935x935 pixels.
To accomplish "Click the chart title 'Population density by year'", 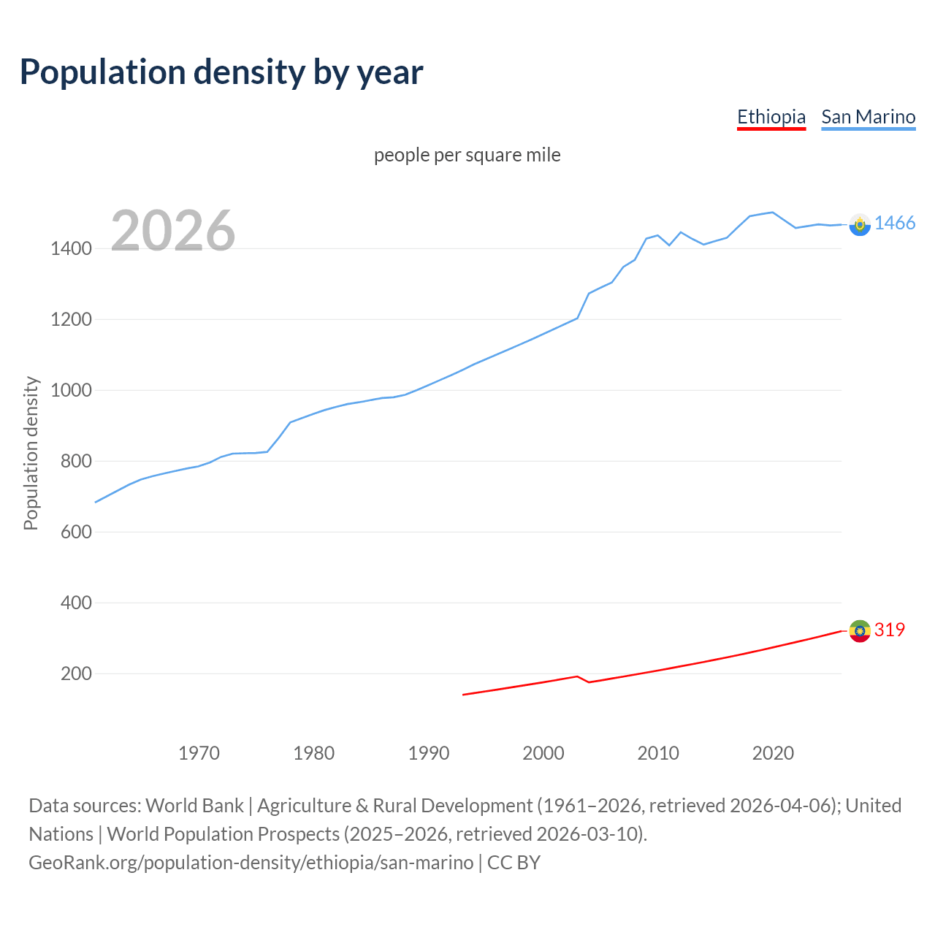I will click(x=221, y=72).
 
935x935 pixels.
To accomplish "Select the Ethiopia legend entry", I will click(x=771, y=117).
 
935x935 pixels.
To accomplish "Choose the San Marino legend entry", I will click(x=868, y=117).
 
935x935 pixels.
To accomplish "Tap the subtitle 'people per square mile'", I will click(x=467, y=156).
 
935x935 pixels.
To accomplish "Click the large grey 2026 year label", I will click(x=173, y=231).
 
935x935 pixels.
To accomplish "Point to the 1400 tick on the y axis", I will click(x=71, y=249).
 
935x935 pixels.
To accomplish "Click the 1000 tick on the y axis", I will click(x=71, y=391).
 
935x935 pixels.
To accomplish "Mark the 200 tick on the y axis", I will click(x=76, y=674).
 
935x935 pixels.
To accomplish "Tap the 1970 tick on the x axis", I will click(x=199, y=753).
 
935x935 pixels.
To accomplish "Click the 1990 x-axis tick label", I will click(x=429, y=753).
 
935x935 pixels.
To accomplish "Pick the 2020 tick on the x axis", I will click(x=773, y=753).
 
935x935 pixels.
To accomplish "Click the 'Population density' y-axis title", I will click(x=31, y=453).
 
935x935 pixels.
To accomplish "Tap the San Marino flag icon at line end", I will click(x=860, y=224).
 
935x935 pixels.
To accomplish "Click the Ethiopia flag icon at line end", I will click(x=860, y=630).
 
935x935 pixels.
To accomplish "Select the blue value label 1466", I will click(x=894, y=224).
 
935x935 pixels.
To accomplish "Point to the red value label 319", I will click(x=889, y=630).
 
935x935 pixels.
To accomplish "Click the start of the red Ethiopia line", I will click(x=464, y=695).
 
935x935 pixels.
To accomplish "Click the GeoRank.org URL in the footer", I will click(x=251, y=863).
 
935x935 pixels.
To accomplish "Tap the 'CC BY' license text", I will click(x=514, y=863).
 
